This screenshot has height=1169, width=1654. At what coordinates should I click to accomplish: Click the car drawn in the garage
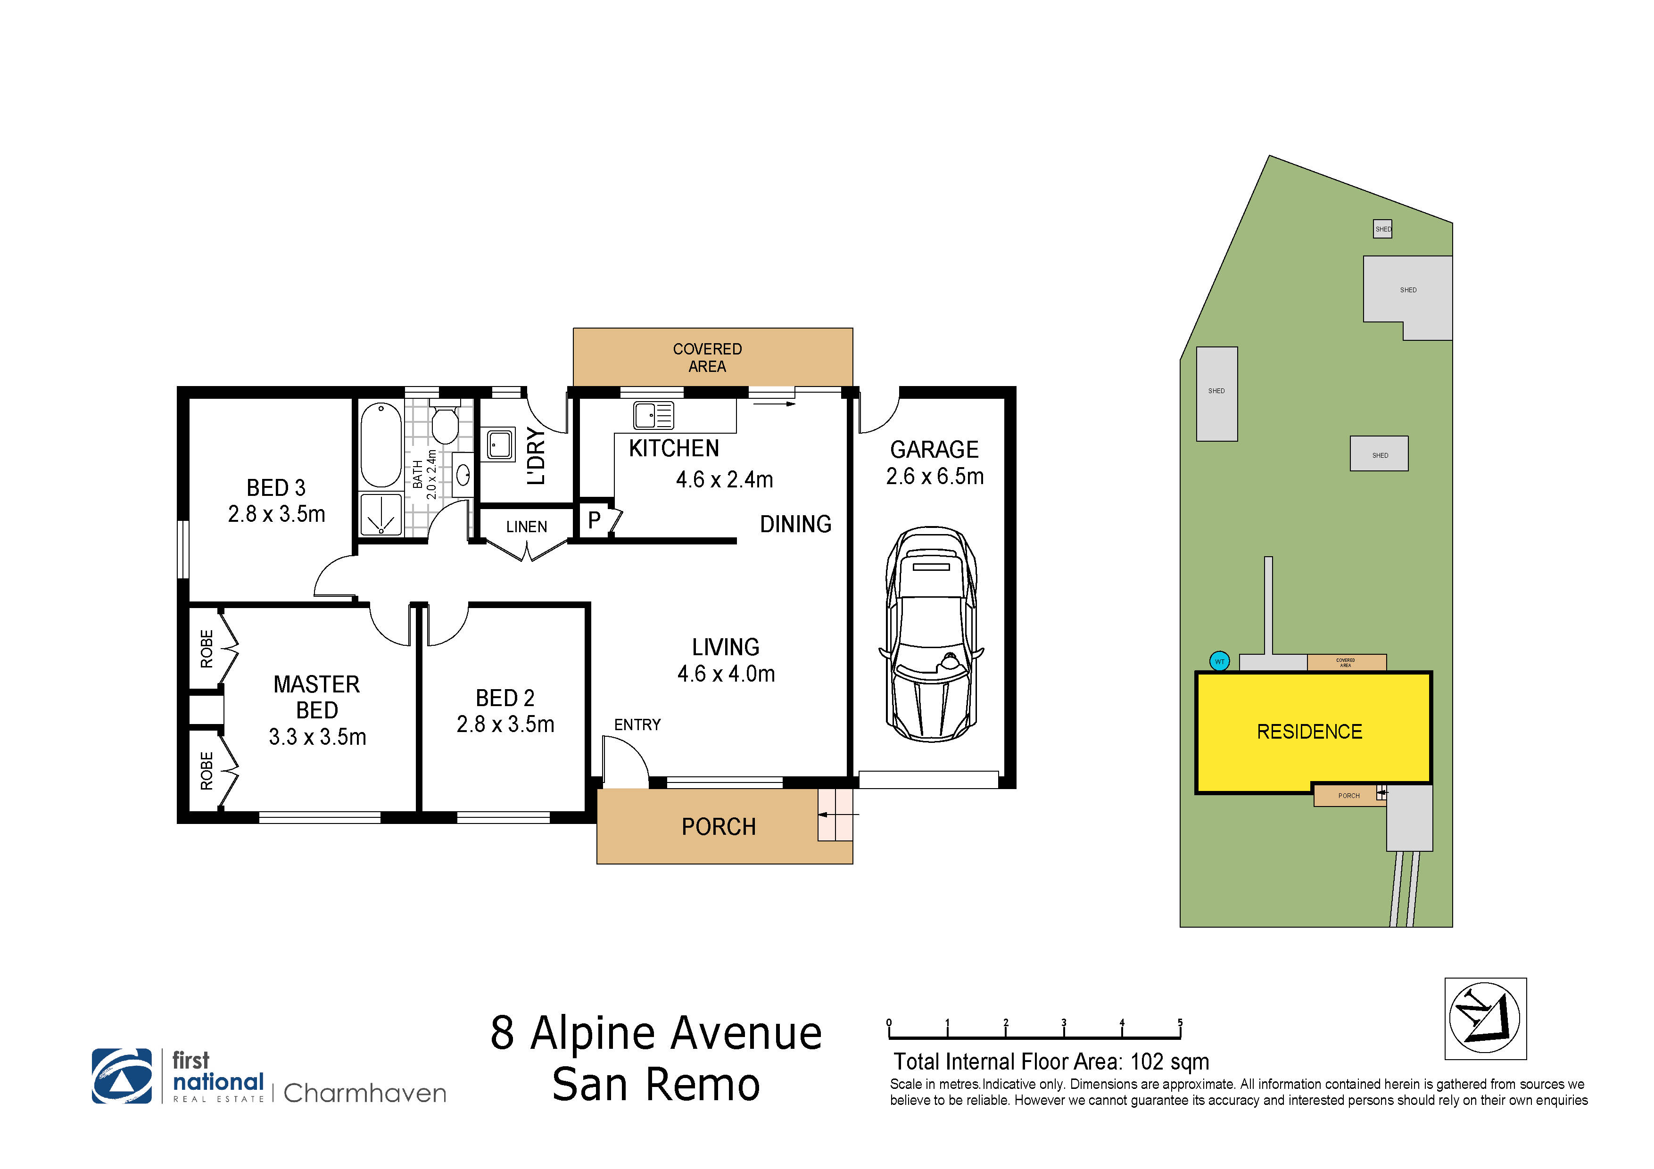[x=932, y=634]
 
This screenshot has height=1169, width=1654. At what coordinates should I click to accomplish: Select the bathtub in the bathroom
[x=381, y=445]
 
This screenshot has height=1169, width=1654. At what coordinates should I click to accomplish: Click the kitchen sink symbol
[x=653, y=416]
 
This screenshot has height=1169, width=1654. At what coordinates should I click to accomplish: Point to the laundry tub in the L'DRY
[x=500, y=445]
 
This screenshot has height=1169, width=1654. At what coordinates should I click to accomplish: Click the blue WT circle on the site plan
[x=1220, y=661]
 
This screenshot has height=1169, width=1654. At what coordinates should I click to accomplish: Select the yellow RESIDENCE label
[x=1310, y=732]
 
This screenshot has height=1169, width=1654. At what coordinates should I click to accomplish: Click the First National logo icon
[x=122, y=1076]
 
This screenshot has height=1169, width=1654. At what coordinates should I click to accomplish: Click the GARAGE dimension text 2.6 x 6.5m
[x=935, y=476]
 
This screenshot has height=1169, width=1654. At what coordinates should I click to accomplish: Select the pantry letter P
[x=594, y=519]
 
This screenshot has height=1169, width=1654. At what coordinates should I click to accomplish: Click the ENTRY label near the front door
[x=637, y=724]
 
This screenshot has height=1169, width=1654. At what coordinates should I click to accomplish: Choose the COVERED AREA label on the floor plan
[x=707, y=357]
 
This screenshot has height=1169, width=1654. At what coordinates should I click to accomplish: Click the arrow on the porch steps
[x=838, y=815]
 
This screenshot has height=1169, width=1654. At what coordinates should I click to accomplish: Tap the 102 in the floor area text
[x=1147, y=1062]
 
